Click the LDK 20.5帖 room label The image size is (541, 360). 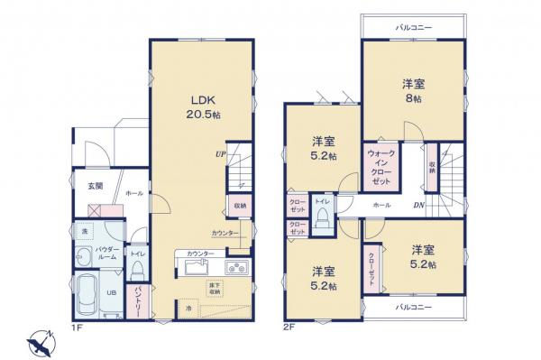pyautogui.click(x=200, y=106)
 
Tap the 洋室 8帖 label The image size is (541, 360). pyautogui.click(x=415, y=91)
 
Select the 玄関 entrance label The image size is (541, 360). pyautogui.click(x=95, y=186)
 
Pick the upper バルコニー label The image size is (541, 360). pyautogui.click(x=414, y=28)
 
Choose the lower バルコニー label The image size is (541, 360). pyautogui.click(x=414, y=308)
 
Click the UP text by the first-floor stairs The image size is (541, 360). pyautogui.click(x=218, y=154)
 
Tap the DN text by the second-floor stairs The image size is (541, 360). pyautogui.click(x=418, y=206)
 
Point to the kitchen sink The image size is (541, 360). pyautogui.click(x=197, y=268)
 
